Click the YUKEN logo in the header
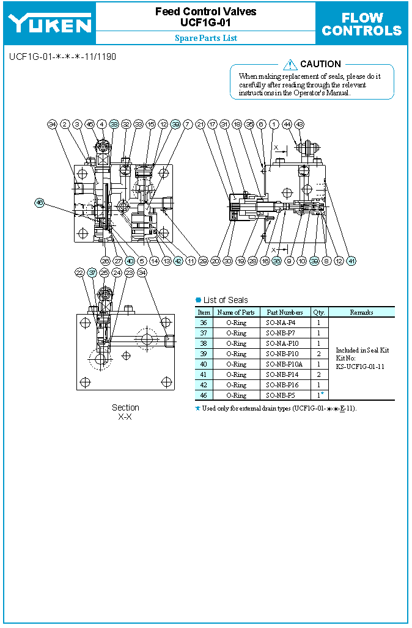tap(50, 24)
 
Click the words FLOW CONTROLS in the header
tap(362, 24)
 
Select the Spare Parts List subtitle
tap(206, 38)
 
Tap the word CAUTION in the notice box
tap(320, 64)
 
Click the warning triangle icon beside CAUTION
tap(290, 64)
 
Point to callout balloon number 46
tap(40, 203)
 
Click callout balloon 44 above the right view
tap(287, 124)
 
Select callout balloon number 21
tap(200, 124)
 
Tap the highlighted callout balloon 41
tap(351, 261)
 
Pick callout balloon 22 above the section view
tap(79, 272)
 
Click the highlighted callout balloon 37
tap(92, 272)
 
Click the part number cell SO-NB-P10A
tap(284, 364)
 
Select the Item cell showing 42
tap(204, 385)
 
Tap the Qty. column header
tap(318, 312)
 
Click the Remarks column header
tap(361, 312)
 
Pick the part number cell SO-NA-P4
tap(284, 323)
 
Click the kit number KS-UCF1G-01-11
tap(360, 367)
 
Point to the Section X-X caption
tap(125, 412)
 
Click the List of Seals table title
tap(226, 300)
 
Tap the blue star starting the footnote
tap(197, 408)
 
